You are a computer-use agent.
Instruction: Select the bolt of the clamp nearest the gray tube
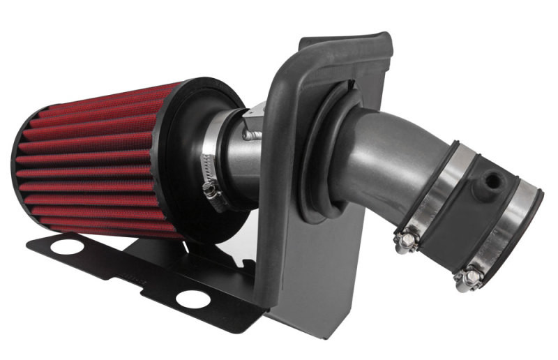tap(405, 241)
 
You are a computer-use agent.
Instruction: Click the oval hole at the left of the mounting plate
tap(67, 246)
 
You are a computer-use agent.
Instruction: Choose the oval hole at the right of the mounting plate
tap(193, 299)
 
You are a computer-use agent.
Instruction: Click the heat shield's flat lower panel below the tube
tap(321, 279)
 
